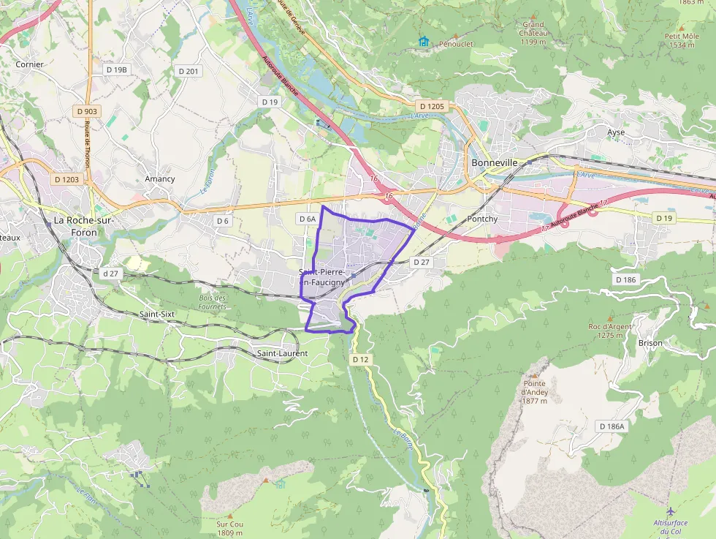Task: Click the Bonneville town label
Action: (495, 162)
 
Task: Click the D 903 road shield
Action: (86, 111)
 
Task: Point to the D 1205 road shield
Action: (431, 106)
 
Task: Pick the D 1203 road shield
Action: (66, 179)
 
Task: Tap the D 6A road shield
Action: (308, 219)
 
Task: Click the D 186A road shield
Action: (612, 426)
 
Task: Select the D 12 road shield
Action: (360, 359)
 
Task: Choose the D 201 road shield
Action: (188, 71)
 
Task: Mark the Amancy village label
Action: (160, 178)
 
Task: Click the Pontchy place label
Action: (482, 219)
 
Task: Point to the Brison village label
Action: (650, 342)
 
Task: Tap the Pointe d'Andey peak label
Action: (535, 392)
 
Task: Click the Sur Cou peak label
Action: (229, 528)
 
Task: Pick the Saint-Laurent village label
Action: (282, 353)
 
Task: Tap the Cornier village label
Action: (30, 64)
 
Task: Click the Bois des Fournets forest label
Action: (213, 302)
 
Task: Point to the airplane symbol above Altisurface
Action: (671, 510)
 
